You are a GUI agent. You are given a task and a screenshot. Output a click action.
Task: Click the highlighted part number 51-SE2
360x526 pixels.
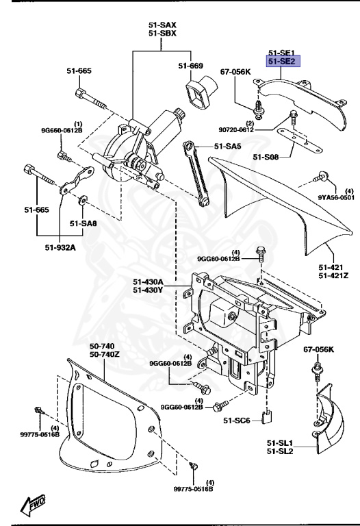281,62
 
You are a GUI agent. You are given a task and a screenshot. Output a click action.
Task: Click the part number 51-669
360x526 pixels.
192,66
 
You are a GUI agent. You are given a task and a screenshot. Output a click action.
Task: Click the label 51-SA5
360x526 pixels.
227,146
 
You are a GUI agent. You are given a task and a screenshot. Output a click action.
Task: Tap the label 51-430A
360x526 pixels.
149,281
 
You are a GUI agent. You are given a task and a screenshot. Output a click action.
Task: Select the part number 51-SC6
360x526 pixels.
240,420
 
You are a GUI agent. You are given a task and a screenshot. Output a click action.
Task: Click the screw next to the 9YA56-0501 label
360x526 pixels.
320,177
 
